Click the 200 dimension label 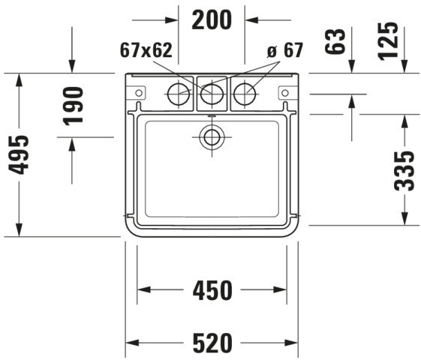click(x=212, y=19)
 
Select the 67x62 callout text click(x=146, y=50)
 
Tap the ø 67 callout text click(x=285, y=50)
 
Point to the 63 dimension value click(x=335, y=41)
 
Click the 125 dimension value click(x=387, y=41)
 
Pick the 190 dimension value click(x=73, y=106)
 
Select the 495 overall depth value click(x=19, y=154)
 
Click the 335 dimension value click(x=404, y=171)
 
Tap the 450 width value click(x=212, y=290)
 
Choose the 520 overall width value click(x=212, y=343)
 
